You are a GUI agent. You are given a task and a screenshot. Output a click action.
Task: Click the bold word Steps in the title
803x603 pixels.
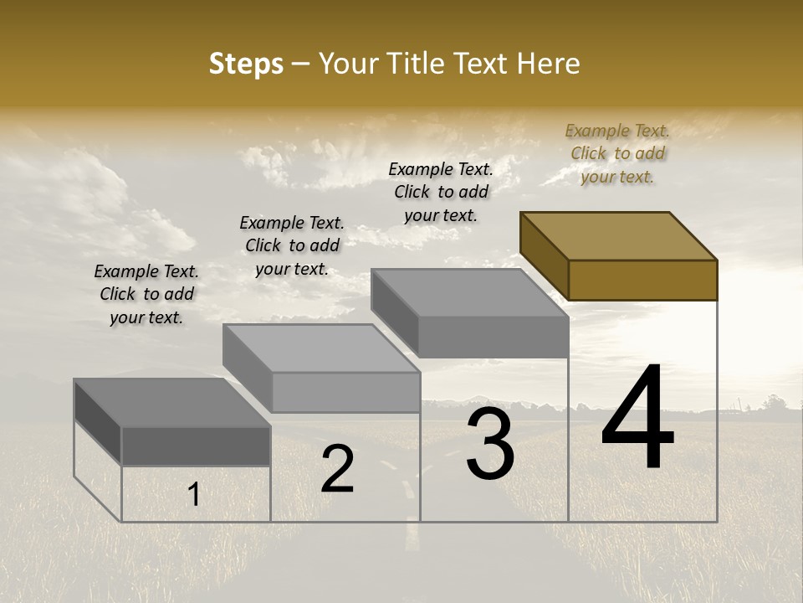click(246, 64)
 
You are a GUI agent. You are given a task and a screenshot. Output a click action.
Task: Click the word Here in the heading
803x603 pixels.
click(550, 64)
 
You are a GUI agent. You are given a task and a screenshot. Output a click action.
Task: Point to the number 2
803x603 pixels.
click(337, 468)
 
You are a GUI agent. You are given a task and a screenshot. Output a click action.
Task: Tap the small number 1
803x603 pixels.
click(193, 495)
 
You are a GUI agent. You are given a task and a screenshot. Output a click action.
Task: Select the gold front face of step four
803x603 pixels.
click(642, 280)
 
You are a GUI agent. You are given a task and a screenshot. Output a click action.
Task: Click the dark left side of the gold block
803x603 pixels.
click(544, 255)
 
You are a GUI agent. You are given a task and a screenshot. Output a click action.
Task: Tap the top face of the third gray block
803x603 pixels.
click(468, 293)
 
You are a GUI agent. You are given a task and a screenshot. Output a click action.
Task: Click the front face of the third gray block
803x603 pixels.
click(494, 338)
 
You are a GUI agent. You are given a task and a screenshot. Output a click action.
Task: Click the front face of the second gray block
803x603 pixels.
click(345, 392)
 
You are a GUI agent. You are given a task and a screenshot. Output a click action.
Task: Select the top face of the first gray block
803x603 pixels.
click(171, 403)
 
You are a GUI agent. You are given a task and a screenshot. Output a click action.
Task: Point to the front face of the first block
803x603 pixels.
click(196, 446)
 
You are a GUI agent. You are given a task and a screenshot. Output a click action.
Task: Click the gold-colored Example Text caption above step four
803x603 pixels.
click(617, 153)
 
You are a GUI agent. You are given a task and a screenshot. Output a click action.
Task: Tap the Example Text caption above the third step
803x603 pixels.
click(441, 192)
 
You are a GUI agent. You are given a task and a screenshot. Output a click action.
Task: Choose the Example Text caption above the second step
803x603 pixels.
click(292, 245)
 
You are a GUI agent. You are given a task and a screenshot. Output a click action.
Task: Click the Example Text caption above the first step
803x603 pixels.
click(146, 294)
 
